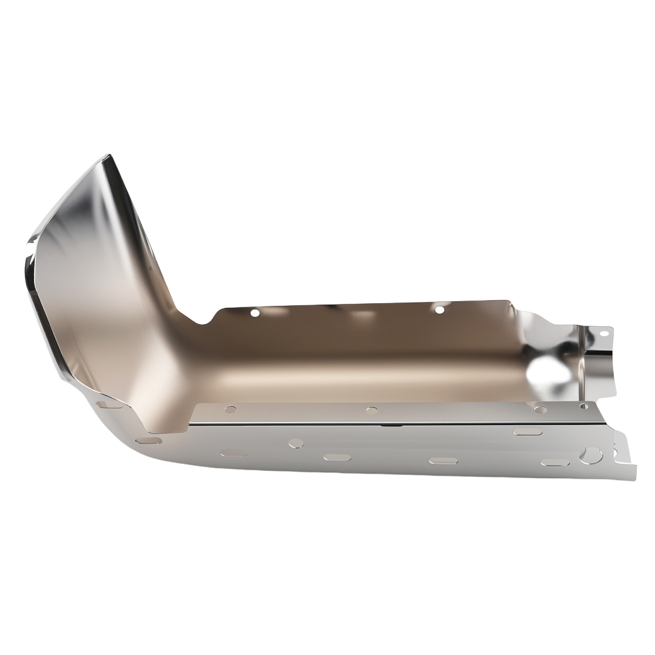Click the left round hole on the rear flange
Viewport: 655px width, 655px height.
(255, 313)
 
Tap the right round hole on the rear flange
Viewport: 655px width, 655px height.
(440, 308)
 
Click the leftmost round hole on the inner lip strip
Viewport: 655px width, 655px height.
(230, 409)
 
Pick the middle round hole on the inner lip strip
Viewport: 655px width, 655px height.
(371, 411)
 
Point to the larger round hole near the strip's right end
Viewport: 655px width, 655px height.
(540, 409)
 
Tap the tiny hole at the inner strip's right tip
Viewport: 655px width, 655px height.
(584, 407)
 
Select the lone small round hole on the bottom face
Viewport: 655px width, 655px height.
(296, 443)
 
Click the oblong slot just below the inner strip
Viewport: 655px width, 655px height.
(526, 432)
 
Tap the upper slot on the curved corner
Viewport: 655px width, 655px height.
(109, 405)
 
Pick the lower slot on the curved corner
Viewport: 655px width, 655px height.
(149, 441)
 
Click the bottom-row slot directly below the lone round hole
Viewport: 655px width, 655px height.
(234, 453)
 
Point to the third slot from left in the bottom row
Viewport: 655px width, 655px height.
(443, 460)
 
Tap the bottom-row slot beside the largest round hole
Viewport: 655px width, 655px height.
(553, 463)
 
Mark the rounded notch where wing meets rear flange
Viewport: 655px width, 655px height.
(200, 320)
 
